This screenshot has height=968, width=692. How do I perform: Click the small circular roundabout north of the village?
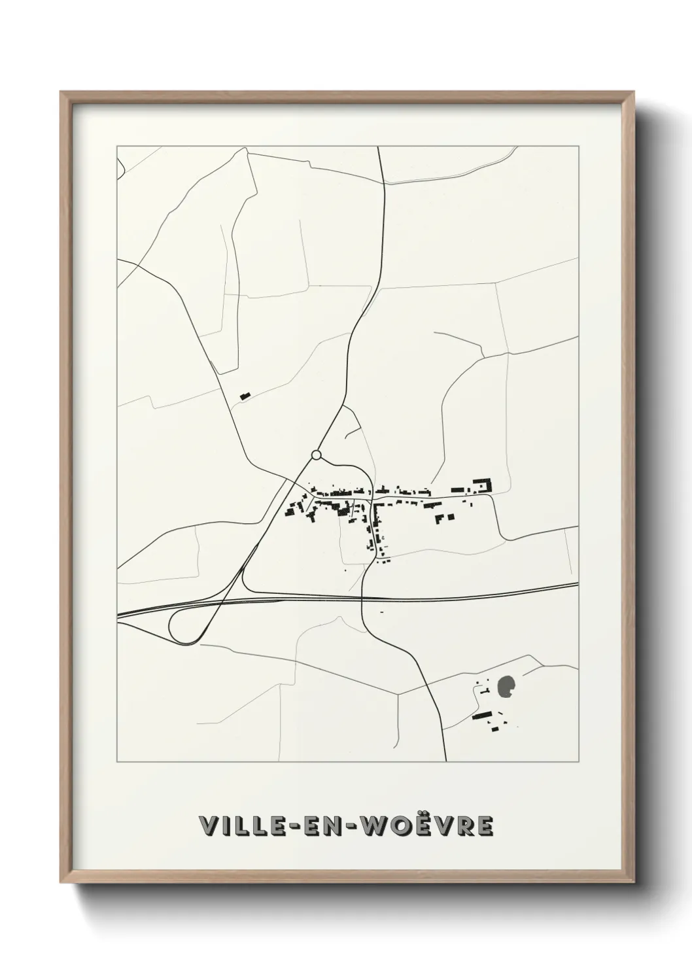coord(317,454)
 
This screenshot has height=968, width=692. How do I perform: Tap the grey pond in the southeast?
coord(506,687)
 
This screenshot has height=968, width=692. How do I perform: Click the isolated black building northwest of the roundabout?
coord(245,395)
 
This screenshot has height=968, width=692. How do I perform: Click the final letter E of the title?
coord(485,825)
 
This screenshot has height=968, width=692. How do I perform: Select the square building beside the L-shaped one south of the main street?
coord(451,516)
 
